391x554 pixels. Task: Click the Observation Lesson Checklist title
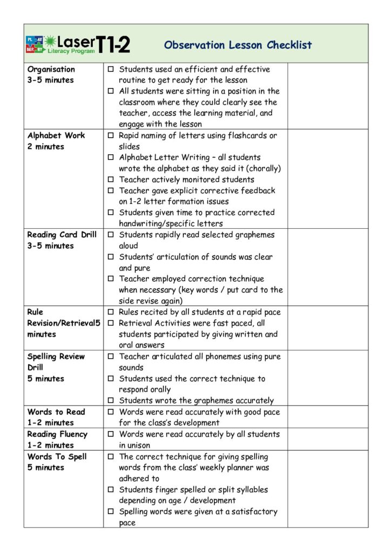pos(238,45)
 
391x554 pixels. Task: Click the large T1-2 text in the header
pos(113,44)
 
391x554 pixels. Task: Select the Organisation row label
pos(51,69)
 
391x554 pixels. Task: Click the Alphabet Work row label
pos(56,135)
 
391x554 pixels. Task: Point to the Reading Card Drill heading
pos(62,235)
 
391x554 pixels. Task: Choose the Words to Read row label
pos(56,412)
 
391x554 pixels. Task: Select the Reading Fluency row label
pos(57,434)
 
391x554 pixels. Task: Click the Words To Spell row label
pos(57,456)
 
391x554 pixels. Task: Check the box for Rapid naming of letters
pos(111,136)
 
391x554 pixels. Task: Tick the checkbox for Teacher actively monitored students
pos(111,180)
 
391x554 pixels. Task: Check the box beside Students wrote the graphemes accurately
pos(111,401)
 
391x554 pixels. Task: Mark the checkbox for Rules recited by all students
pos(111,312)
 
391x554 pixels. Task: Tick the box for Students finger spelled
pos(111,490)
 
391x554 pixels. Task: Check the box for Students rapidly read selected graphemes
pos(111,235)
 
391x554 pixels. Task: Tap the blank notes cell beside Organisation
pos(327,96)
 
